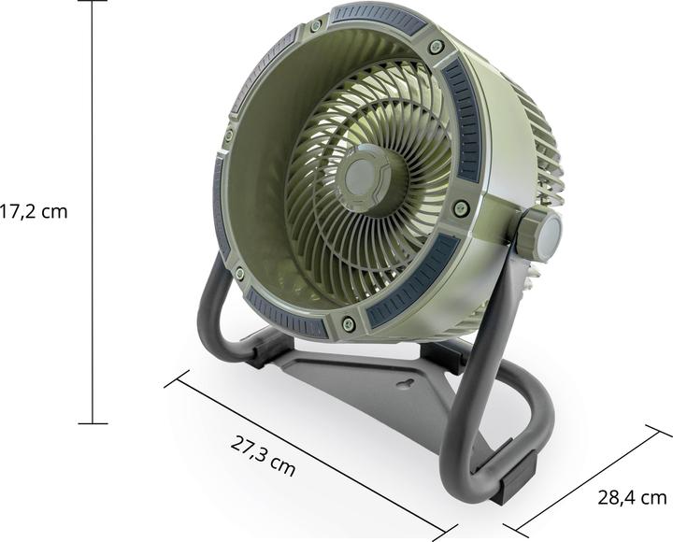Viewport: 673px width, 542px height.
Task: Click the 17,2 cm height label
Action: click(x=34, y=212)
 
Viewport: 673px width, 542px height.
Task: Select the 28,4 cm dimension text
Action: click(x=632, y=497)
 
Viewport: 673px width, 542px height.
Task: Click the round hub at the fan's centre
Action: click(x=362, y=173)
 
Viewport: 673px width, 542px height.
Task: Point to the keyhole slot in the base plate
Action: click(x=405, y=382)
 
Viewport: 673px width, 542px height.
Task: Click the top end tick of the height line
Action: click(x=92, y=2)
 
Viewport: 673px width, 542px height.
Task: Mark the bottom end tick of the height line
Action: click(x=92, y=423)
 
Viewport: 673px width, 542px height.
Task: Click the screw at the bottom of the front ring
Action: click(x=348, y=323)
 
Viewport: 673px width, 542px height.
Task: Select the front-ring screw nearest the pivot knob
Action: click(x=460, y=207)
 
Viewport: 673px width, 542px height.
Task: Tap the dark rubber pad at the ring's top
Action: click(x=378, y=16)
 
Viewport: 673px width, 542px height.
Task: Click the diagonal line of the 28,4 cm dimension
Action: click(x=589, y=481)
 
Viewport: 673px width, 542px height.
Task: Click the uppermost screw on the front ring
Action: click(x=315, y=25)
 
